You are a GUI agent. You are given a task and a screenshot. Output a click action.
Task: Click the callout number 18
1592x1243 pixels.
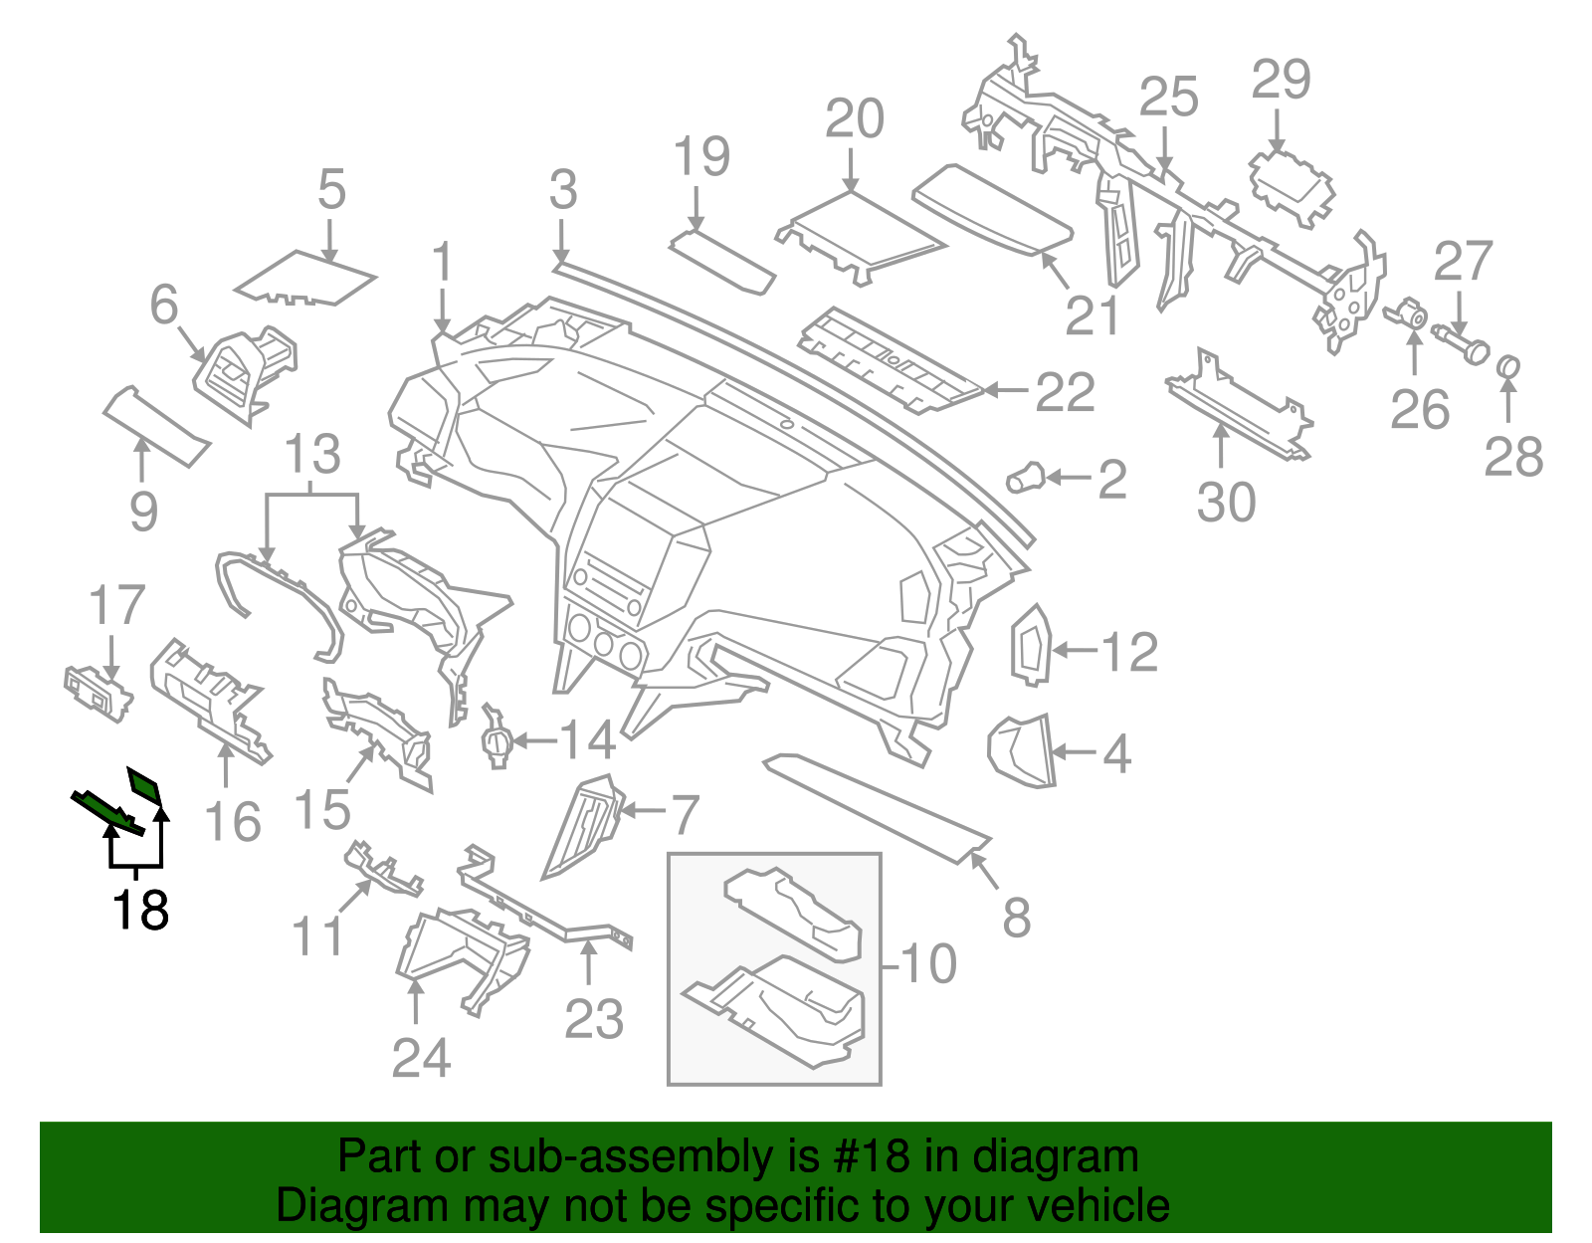tap(140, 910)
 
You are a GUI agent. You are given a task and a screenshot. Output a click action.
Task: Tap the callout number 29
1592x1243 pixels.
tap(1281, 80)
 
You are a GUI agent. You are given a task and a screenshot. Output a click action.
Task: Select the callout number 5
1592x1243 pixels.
tap(331, 188)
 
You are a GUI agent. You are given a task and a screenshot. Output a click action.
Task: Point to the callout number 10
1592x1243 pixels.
tap(928, 963)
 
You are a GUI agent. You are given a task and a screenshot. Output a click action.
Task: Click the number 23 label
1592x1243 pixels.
tap(594, 1019)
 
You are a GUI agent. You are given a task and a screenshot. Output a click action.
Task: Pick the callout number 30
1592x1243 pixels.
tap(1226, 502)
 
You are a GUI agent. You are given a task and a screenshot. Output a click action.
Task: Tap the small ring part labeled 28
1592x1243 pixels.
tap(1508, 368)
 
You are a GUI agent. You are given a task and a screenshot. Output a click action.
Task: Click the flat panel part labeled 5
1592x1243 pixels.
tap(305, 279)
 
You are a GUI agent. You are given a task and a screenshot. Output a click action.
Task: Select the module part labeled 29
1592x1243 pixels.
tap(1292, 186)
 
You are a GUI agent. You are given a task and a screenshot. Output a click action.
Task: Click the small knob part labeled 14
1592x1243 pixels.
tap(496, 740)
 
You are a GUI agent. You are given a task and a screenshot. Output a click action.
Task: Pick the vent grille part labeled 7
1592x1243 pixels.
tap(583, 825)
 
